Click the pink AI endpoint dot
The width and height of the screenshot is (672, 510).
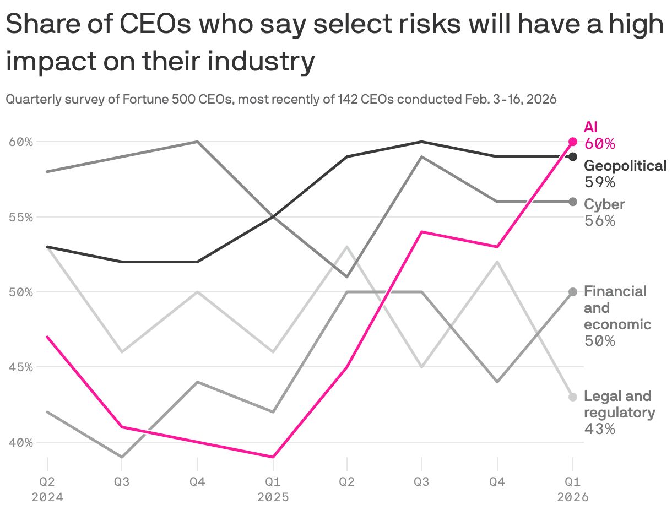573,142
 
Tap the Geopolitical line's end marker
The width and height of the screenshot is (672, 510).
573,157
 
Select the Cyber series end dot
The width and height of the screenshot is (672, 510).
573,202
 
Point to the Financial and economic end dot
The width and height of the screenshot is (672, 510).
573,292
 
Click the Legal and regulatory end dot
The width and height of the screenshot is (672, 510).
573,397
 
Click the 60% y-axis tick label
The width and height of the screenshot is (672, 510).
21,142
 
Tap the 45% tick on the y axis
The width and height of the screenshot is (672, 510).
21,367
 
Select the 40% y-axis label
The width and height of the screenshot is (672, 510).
21,442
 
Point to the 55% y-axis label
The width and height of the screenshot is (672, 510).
21,217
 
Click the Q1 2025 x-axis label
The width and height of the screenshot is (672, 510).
273,489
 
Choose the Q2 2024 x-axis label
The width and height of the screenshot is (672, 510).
47,489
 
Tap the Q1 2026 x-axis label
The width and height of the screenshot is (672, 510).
573,489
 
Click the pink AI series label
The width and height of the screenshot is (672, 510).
591,127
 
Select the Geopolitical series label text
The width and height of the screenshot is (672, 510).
625,166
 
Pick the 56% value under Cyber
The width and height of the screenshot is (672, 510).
599,221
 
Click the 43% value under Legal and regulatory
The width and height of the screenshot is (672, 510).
599,428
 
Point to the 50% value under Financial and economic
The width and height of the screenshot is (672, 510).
599,341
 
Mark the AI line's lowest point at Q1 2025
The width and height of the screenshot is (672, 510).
273,457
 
